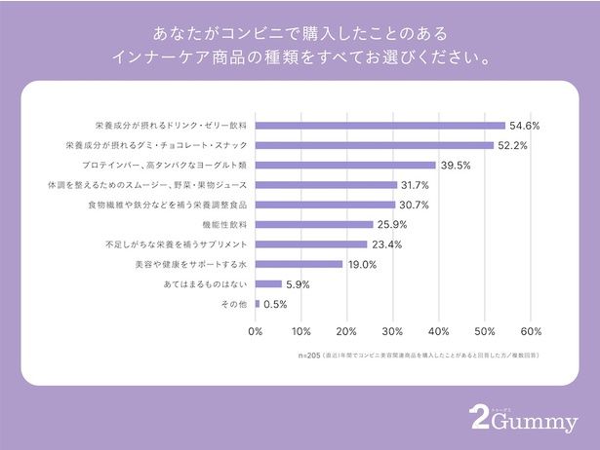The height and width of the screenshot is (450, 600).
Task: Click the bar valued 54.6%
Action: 380,126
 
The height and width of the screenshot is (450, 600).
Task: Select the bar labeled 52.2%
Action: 375,145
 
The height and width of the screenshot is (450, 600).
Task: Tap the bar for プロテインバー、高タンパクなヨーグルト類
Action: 345,165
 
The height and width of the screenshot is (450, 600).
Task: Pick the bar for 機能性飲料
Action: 314,224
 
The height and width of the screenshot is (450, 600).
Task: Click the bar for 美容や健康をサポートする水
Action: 299,264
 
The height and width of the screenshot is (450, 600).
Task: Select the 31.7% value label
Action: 417,185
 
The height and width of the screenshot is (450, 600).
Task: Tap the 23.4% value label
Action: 387,244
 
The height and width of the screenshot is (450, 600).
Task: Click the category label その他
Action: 237,304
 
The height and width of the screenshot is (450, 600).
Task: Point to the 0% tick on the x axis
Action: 256,331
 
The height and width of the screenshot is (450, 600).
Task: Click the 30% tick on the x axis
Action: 393,331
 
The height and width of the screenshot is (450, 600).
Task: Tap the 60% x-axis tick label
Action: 531,331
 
